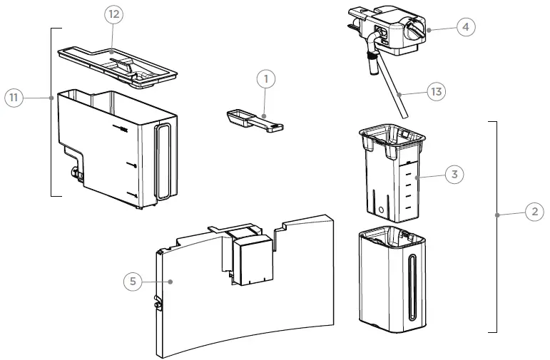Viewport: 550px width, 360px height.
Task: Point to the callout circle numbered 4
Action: (x=464, y=27)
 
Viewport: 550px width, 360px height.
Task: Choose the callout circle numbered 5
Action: (x=131, y=282)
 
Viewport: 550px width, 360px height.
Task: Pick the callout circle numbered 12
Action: (x=115, y=14)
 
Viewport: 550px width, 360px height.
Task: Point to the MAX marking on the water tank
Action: (x=123, y=130)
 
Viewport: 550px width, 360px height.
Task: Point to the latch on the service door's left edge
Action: (x=158, y=305)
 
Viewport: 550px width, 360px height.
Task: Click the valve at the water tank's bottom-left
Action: (x=73, y=171)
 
